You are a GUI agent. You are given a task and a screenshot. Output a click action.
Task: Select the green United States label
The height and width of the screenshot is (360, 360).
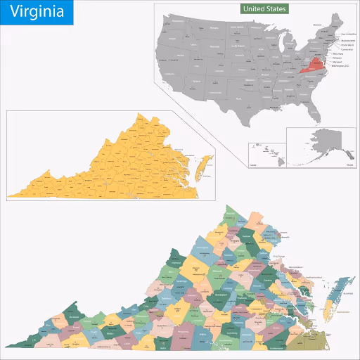pos(263,9)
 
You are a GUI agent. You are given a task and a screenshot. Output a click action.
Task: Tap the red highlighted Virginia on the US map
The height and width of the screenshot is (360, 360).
pos(314,67)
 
